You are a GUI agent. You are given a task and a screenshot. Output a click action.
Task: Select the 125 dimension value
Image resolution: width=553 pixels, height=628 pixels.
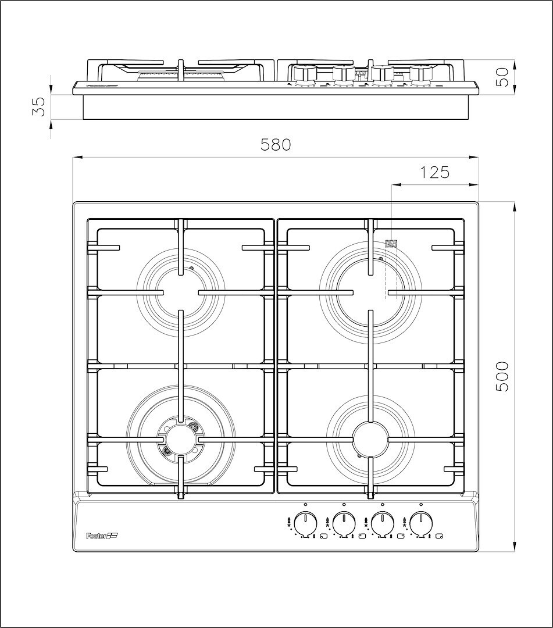[434, 172]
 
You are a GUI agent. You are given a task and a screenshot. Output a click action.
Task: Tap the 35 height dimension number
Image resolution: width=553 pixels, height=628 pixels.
[39, 107]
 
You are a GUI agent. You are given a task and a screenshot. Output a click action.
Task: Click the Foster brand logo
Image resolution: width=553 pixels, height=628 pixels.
[104, 536]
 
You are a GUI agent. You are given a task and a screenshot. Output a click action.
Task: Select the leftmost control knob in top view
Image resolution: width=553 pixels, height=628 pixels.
[305, 525]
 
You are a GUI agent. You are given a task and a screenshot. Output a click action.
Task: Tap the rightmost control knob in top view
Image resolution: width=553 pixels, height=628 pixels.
[421, 525]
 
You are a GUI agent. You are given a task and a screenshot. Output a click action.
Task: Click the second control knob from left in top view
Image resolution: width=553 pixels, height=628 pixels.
[344, 525]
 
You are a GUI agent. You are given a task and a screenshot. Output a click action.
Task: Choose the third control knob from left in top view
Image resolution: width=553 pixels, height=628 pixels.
[383, 525]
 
